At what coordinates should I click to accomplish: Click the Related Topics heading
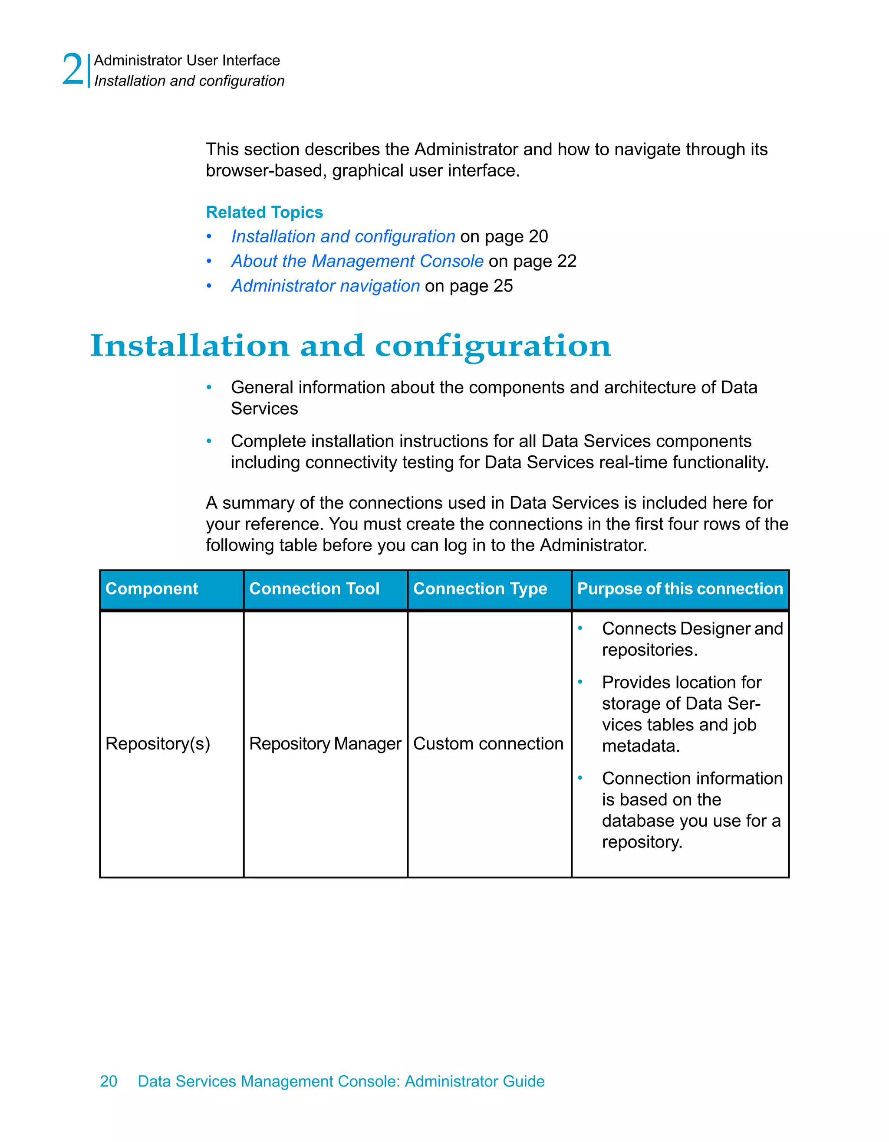pos(264,212)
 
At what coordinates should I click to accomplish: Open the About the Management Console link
pos(357,261)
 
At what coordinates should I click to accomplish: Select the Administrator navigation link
pos(326,285)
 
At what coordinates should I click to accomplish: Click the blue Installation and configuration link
pos(343,236)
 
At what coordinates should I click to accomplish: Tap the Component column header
pos(152,589)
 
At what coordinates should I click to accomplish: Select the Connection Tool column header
pos(314,589)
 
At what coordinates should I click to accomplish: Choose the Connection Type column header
pos(480,589)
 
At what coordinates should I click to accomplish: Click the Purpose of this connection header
pos(680,589)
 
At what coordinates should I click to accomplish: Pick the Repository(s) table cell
pos(158,743)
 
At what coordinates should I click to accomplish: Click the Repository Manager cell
pos(325,743)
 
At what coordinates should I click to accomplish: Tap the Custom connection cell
pos(488,743)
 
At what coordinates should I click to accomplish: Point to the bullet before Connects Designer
pos(580,628)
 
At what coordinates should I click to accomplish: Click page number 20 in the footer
pos(109,1081)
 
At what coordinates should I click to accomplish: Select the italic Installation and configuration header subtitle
pos(189,81)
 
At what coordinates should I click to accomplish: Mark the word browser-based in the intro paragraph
pos(266,171)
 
